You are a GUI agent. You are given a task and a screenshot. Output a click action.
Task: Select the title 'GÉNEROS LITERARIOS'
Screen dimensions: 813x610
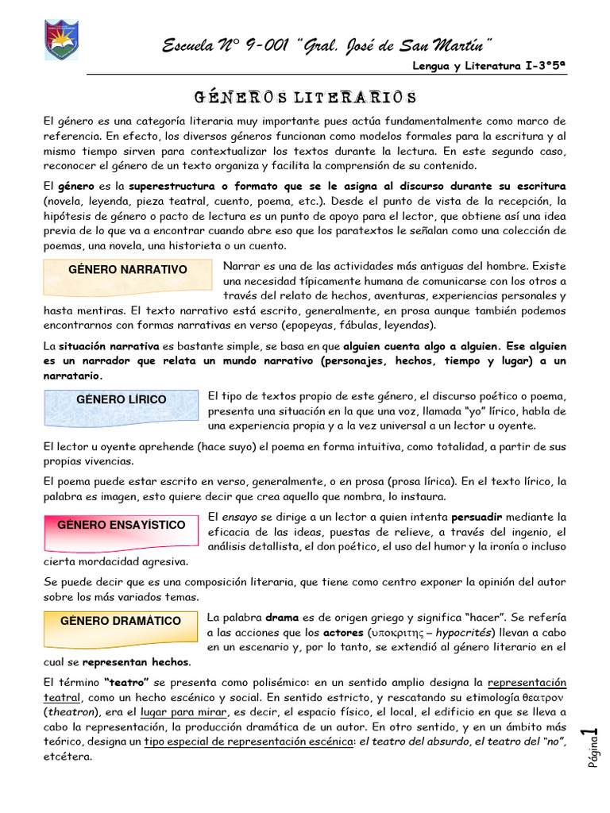[305, 98]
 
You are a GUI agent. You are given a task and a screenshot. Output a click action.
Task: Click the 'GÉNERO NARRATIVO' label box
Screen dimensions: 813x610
[127, 270]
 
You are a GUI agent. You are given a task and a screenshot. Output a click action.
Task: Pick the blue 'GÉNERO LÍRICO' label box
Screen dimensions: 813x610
[121, 400]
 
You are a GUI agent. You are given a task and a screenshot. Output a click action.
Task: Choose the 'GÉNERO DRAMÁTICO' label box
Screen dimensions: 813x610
[121, 621]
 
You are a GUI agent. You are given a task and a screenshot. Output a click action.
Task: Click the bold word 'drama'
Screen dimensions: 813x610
[282, 617]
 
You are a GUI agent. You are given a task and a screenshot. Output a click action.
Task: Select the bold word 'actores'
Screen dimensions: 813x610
[344, 633]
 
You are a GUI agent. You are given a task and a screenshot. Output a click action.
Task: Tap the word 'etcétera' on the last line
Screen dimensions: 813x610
[68, 757]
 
